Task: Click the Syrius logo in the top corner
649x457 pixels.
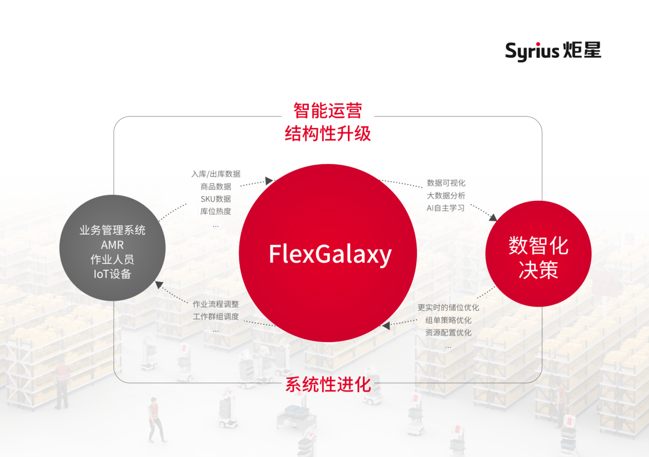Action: point(553,51)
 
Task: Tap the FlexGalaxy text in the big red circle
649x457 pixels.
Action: point(330,254)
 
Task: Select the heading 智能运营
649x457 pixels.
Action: point(328,111)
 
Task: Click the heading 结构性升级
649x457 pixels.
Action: point(328,133)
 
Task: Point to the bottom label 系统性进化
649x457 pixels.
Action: point(328,384)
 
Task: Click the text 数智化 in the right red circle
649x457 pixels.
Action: point(538,245)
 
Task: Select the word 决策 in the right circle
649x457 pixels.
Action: point(538,270)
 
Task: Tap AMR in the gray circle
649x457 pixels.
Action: point(112,245)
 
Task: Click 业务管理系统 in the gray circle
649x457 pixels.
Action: point(112,230)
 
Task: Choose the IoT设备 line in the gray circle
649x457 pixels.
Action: point(112,274)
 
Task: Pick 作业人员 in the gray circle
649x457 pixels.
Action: point(112,260)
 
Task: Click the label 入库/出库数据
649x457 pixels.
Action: point(216,174)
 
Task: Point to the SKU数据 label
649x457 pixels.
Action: point(216,199)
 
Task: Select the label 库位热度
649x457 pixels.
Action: point(216,212)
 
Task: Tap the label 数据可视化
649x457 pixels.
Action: point(446,183)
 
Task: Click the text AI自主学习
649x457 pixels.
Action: point(446,208)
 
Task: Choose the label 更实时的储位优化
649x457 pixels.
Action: point(448,307)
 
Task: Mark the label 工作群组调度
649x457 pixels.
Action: point(216,316)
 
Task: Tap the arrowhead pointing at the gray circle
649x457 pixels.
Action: point(157,284)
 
